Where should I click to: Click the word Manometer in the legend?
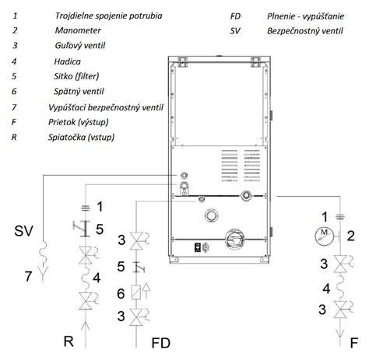78,30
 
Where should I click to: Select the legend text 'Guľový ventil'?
80,46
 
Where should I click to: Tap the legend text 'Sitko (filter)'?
76,76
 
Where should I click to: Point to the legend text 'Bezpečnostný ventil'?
305,31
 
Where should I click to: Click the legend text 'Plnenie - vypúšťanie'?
306,16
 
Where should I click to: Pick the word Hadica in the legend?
67,61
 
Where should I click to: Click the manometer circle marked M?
324,236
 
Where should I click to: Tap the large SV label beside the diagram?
23,231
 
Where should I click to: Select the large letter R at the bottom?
69,341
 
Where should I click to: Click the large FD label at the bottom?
160,343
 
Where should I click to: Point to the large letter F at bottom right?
354,343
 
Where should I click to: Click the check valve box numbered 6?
136,292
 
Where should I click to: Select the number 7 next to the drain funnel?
28,276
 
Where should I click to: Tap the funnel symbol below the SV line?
44,274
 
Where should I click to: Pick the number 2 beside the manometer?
350,236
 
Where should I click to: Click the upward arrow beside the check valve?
146,290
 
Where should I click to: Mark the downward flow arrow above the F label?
340,333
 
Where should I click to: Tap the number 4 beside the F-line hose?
326,288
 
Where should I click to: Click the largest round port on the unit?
235,239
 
